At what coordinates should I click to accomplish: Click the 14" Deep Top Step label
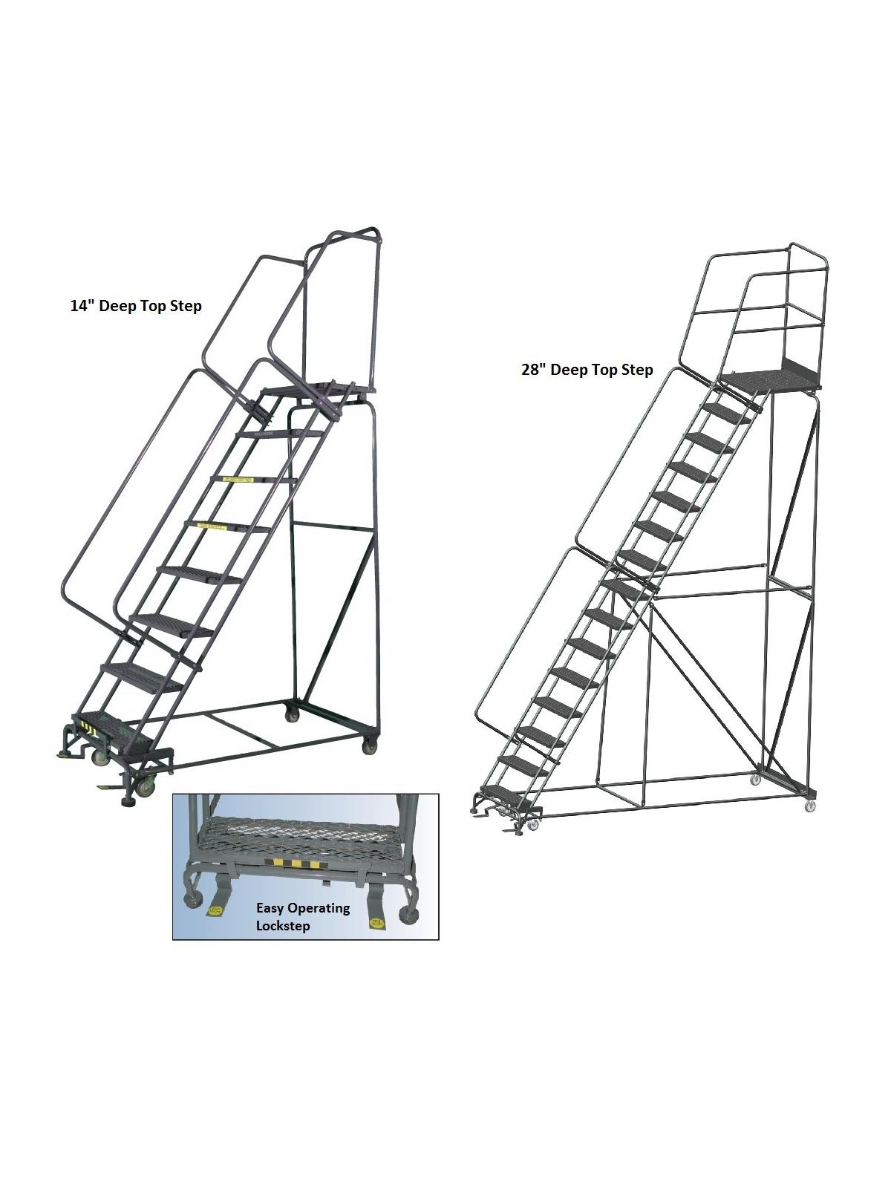[136, 306]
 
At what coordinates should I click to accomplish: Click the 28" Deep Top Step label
[587, 370]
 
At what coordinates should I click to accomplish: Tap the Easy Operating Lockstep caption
[302, 916]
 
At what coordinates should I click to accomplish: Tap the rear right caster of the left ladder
[369, 746]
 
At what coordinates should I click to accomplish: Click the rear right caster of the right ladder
[811, 806]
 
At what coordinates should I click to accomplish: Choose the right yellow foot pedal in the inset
[374, 921]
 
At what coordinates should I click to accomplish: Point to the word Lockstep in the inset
[283, 926]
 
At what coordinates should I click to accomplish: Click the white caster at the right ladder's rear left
[755, 779]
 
